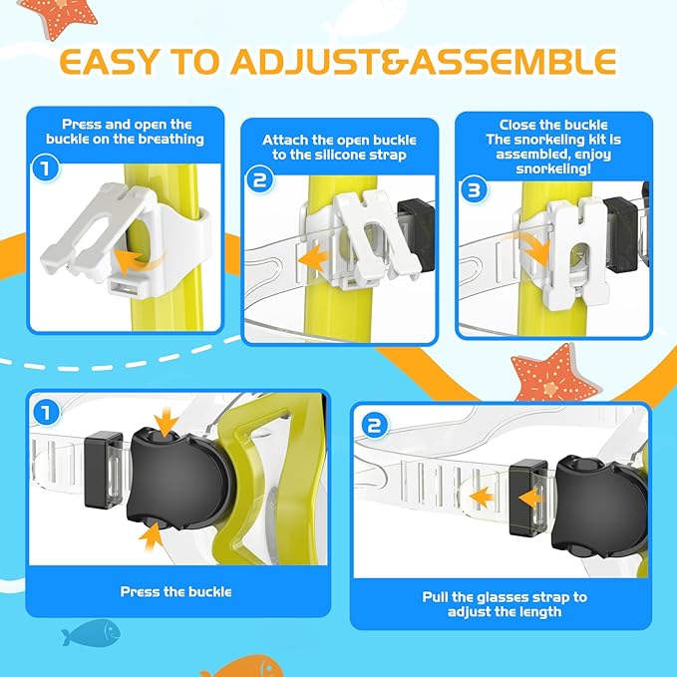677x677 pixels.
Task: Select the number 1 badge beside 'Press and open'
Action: tap(43, 169)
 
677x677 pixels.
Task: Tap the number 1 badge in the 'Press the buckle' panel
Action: tap(43, 411)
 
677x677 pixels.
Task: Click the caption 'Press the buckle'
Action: tap(175, 591)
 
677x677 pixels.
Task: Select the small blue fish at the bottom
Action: tap(89, 632)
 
